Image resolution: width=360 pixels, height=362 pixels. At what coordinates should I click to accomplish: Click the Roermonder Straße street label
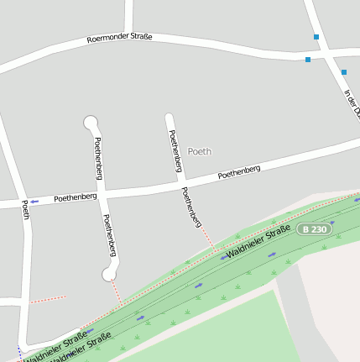click(119, 39)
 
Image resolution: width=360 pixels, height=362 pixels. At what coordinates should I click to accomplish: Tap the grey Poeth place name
click(200, 152)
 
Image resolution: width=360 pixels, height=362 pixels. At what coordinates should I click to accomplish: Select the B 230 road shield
click(313, 229)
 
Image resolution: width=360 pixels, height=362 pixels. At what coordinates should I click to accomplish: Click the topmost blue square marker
click(316, 37)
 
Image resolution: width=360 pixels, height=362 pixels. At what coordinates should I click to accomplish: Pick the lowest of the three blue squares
click(343, 72)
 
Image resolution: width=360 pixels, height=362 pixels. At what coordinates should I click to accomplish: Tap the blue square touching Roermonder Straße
click(308, 59)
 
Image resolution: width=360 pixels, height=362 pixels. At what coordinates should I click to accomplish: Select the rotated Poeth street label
click(25, 210)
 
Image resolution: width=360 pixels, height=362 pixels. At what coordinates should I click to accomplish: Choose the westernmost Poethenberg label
click(76, 197)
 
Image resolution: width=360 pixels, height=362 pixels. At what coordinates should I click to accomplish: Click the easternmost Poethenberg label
click(239, 172)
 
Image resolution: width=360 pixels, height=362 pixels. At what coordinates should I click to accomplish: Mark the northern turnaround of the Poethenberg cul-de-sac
click(91, 123)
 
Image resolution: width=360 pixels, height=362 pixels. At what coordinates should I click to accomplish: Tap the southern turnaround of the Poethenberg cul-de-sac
click(108, 273)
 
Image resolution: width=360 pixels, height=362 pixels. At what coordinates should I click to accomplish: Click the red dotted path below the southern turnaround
click(116, 292)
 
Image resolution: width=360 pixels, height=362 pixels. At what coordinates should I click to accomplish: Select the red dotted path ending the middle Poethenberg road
click(205, 239)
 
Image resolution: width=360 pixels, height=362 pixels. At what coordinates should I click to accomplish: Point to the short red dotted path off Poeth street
click(47, 299)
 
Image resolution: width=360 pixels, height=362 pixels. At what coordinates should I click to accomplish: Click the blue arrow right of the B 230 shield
click(333, 223)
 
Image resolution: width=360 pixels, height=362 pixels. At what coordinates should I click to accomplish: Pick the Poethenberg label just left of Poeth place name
click(175, 151)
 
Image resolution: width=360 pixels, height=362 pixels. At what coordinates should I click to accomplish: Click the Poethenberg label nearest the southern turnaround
click(109, 235)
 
